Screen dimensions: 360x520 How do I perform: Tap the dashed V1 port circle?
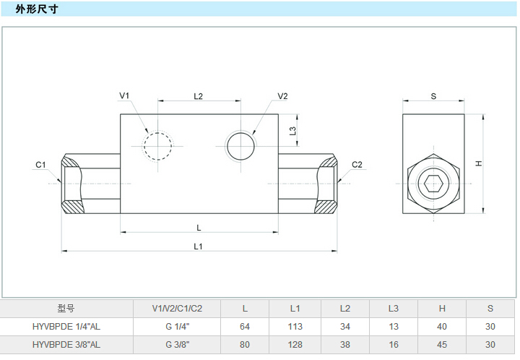pos(158,146)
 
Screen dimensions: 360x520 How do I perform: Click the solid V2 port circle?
pos(241,146)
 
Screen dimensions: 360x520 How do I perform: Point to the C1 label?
pos(41,165)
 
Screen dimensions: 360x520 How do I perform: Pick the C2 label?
pos(357,165)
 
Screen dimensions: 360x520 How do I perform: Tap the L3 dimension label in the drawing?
pos(292,131)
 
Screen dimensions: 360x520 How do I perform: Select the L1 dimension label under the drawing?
pos(199,246)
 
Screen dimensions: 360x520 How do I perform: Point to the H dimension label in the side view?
pos(478,163)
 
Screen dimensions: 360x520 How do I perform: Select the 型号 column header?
pos(66,309)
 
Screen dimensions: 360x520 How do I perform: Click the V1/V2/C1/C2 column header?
pos(177,309)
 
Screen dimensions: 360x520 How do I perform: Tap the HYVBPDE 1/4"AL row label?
pos(66,327)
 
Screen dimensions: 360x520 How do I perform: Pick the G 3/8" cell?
pos(177,345)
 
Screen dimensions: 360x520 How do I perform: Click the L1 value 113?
pos(295,327)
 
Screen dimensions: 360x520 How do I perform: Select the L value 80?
pos(245,345)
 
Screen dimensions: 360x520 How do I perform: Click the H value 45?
pos(442,345)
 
